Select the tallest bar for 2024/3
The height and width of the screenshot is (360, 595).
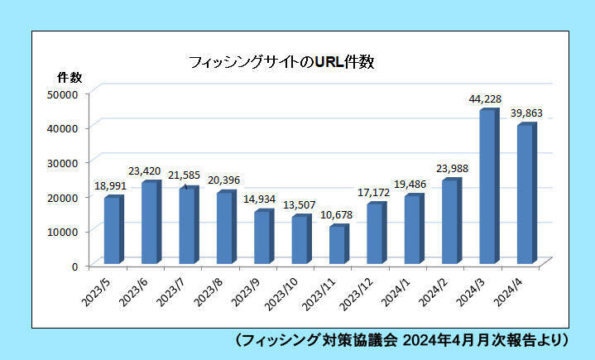click(487, 187)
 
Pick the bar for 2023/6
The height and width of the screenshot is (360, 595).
click(149, 223)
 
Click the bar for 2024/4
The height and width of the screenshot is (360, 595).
click(525, 194)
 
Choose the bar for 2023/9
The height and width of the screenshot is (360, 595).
click(262, 237)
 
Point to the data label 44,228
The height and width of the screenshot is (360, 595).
click(485, 99)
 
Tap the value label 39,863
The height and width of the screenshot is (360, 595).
click(525, 113)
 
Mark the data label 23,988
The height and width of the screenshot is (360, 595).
click(451, 170)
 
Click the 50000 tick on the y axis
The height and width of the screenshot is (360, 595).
click(63, 94)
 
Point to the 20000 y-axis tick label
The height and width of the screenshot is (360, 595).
click(63, 197)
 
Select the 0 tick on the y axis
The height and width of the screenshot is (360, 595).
click(74, 266)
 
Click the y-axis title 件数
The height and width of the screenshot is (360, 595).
click(69, 77)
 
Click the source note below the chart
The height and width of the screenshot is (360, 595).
click(401, 339)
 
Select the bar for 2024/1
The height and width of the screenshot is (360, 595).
click(411, 229)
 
